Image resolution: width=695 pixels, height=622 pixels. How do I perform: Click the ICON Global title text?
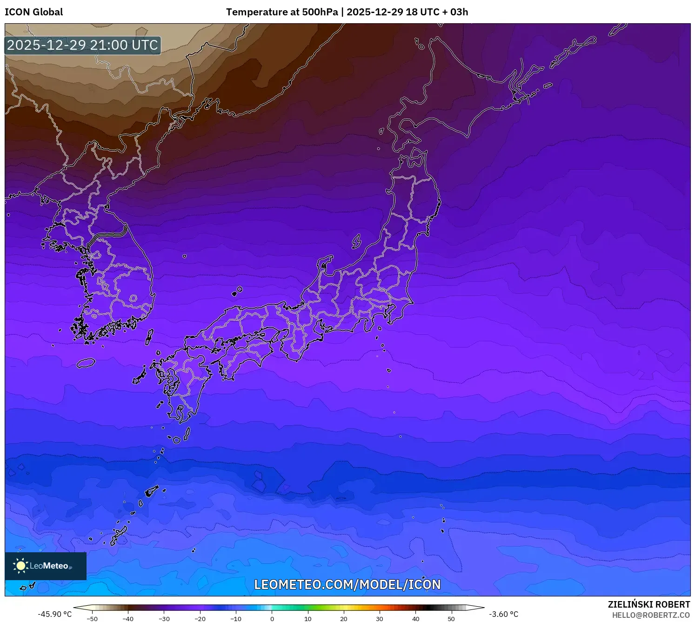coord(33,12)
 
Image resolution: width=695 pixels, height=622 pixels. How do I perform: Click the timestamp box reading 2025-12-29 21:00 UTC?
coord(82,45)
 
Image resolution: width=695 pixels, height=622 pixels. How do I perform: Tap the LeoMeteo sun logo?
coord(21,566)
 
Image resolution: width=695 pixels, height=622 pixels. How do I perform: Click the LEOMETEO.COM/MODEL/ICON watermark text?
coord(347,584)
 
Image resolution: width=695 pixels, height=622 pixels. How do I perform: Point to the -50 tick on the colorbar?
coord(92,619)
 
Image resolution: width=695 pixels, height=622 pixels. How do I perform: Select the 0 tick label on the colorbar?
coord(272,619)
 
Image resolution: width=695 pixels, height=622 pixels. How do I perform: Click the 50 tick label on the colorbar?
coord(451,619)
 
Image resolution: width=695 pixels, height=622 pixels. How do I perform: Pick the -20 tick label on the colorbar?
coord(200,619)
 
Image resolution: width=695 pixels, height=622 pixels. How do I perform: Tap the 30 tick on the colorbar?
coord(380,619)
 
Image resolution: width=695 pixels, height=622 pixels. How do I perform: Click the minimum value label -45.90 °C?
coord(55,614)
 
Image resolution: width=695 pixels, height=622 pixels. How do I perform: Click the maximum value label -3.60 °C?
coord(503,614)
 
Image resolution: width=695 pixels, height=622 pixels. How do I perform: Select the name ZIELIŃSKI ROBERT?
coord(649,604)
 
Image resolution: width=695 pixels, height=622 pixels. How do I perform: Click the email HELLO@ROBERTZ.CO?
coord(651,615)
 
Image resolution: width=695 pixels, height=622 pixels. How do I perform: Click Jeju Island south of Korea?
coord(86,363)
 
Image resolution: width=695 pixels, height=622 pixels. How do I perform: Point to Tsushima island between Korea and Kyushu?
coord(149,337)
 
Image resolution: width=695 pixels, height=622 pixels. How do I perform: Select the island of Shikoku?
coord(242,356)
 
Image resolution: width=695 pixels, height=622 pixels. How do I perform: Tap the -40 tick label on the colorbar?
coord(128,619)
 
